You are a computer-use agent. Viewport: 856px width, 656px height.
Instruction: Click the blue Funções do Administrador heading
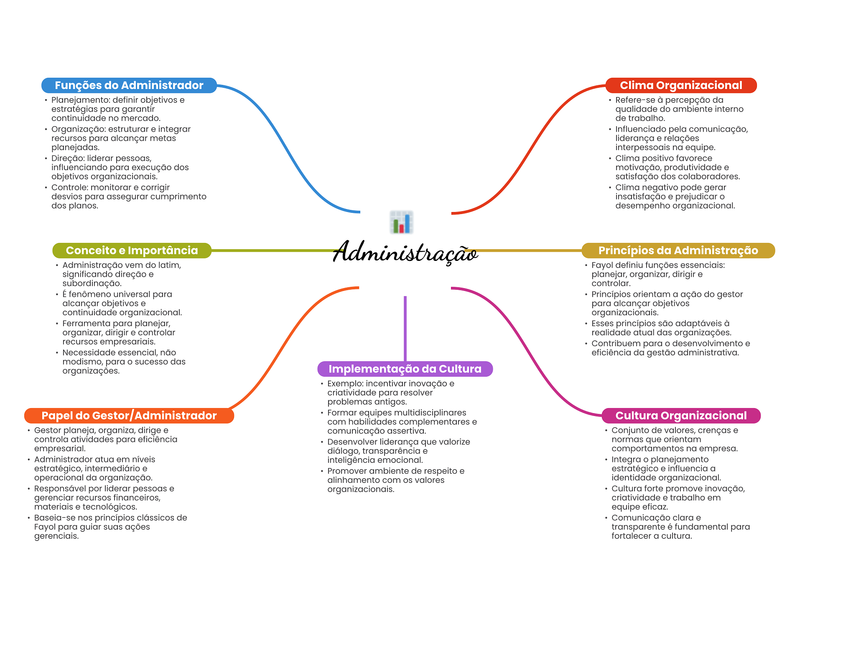pyautogui.click(x=129, y=85)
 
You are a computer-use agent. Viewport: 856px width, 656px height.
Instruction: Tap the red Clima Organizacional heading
pyautogui.click(x=680, y=85)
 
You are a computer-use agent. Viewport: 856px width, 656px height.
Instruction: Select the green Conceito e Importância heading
pyautogui.click(x=132, y=250)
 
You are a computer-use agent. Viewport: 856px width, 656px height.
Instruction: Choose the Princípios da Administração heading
pyautogui.click(x=678, y=250)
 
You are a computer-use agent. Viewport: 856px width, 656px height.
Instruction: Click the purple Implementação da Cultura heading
pyautogui.click(x=405, y=369)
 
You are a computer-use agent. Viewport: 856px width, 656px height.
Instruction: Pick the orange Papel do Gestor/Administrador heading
pyautogui.click(x=129, y=416)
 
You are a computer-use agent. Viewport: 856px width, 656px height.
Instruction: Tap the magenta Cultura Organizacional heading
pyautogui.click(x=681, y=416)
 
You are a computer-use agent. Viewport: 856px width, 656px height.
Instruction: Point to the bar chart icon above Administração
pyautogui.click(x=401, y=222)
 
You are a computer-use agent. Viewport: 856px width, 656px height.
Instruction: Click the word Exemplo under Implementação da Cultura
pyautogui.click(x=344, y=383)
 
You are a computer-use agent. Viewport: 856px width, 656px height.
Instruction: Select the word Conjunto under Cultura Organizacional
pyautogui.click(x=629, y=430)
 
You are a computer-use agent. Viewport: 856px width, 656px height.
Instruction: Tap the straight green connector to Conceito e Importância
pyautogui.click(x=272, y=250)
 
